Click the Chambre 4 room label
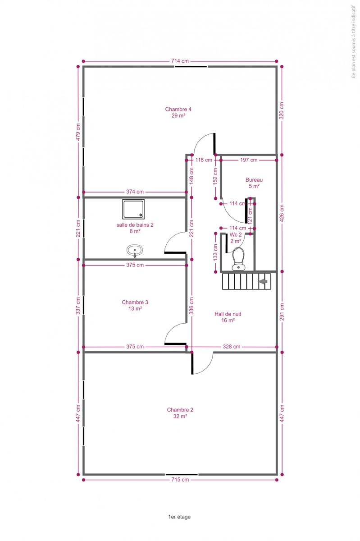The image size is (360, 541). [x=178, y=112]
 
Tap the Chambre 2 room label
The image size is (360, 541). [x=180, y=413]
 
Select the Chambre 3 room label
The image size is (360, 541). [x=135, y=305]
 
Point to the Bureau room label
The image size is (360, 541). [x=254, y=183]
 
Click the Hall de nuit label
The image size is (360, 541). [x=228, y=317]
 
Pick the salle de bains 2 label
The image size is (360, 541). [x=135, y=228]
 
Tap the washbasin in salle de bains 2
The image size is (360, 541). [x=134, y=251]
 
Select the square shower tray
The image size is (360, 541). [x=133, y=209]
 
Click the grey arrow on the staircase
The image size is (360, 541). [x=263, y=281]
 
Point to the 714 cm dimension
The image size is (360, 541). [x=180, y=61]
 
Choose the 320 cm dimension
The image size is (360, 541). [x=282, y=110]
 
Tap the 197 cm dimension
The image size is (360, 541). [x=249, y=160]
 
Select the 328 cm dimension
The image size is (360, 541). [x=232, y=347]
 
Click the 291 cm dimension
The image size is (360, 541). [x=282, y=312]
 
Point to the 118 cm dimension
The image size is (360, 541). [x=204, y=160]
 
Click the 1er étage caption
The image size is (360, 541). [x=179, y=517]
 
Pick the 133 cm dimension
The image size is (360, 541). [x=216, y=252]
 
